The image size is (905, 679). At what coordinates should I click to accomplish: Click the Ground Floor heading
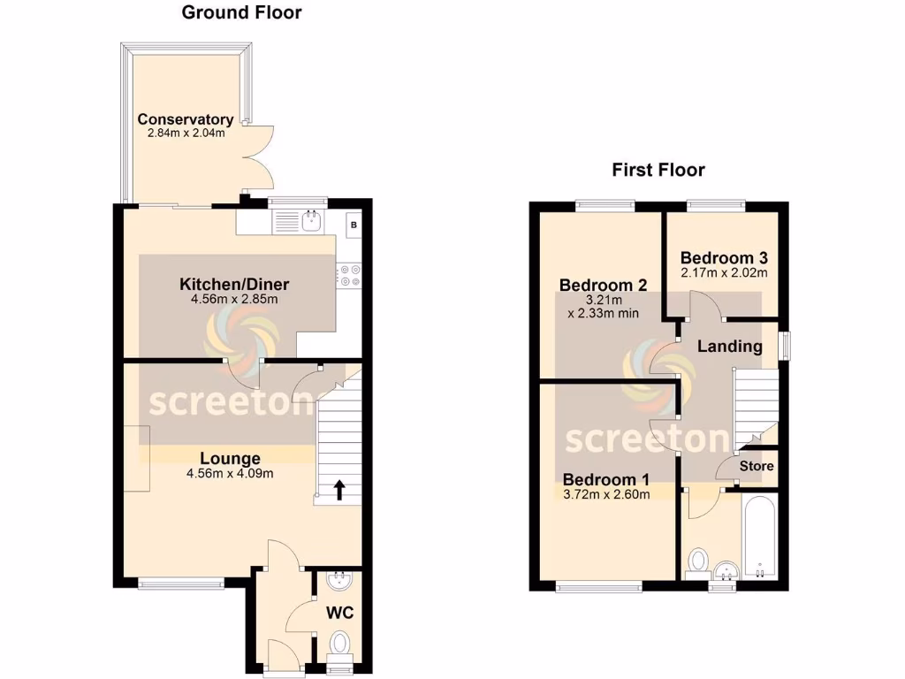[241, 12]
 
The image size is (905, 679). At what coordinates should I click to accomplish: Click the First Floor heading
[658, 170]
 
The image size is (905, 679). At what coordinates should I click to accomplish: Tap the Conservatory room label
[185, 119]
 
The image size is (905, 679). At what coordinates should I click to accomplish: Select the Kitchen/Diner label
[234, 285]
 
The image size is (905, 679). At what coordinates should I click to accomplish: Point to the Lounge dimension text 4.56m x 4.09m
[230, 473]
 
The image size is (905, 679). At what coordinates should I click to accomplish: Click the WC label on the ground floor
[340, 612]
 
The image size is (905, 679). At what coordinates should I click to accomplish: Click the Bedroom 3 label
[724, 258]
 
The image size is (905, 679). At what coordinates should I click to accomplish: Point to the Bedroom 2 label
[604, 286]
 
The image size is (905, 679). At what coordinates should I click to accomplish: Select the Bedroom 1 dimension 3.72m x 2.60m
[606, 494]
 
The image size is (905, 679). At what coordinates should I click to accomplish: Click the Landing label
[729, 347]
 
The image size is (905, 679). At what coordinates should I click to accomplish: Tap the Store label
[757, 466]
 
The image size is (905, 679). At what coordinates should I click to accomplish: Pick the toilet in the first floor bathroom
[698, 561]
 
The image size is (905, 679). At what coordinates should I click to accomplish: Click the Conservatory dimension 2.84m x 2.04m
[186, 134]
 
